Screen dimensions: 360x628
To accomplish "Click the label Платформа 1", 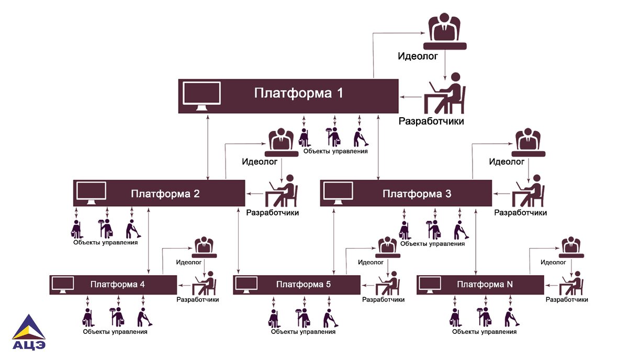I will click(298, 94).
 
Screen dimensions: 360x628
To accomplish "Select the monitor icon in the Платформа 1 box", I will click(201, 96).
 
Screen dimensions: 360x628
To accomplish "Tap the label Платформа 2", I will click(165, 194).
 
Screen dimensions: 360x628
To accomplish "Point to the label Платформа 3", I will click(417, 194).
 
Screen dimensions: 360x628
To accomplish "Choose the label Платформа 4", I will click(117, 285).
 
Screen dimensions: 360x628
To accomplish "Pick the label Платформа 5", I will click(303, 285).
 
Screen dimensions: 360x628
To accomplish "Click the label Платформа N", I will click(485, 285).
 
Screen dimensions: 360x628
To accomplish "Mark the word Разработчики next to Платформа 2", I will click(272, 213).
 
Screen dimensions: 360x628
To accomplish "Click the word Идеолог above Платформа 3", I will click(507, 162).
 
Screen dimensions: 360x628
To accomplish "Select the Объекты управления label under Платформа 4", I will click(115, 332).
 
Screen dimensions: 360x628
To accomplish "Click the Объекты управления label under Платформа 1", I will click(335, 151).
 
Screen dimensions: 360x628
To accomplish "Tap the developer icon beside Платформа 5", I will click(388, 284).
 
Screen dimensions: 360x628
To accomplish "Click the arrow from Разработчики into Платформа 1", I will click(411, 97).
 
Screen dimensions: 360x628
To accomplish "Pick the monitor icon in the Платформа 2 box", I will click(91, 193).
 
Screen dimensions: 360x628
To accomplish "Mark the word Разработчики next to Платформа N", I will click(567, 300).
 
